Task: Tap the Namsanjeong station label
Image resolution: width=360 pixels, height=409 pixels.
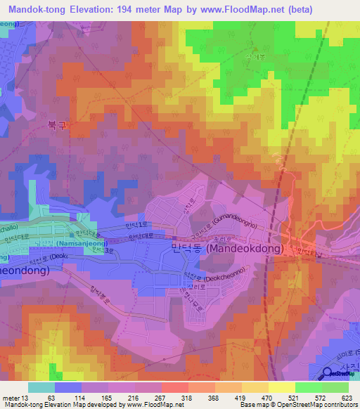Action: tap(82, 243)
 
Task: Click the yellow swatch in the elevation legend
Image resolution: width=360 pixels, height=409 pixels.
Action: tap(281, 387)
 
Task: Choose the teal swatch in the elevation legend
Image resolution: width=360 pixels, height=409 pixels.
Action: tap(41, 387)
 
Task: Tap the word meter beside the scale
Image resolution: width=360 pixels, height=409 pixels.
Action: tap(11, 397)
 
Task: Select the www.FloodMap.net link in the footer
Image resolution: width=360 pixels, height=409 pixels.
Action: tap(150, 405)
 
